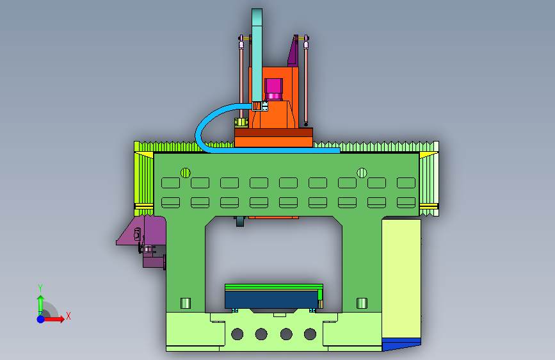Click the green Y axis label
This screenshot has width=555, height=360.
point(40,288)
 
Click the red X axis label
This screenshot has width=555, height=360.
point(68,316)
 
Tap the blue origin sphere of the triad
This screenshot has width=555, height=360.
point(41,319)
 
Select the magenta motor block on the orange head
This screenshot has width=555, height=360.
point(273,89)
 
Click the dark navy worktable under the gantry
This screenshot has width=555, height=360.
point(271,300)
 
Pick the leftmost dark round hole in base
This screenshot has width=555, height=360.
point(237,334)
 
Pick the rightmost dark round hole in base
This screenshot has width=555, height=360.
point(310,334)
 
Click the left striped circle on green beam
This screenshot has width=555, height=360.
point(186,173)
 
